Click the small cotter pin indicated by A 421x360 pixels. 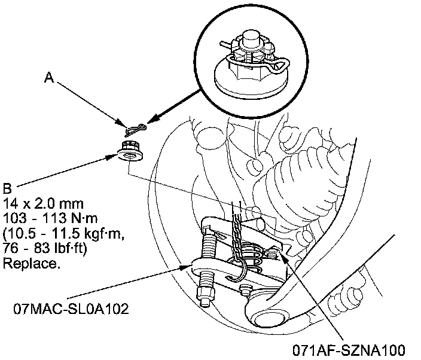[136, 128]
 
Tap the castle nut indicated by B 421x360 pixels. [129, 150]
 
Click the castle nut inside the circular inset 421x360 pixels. [251, 60]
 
